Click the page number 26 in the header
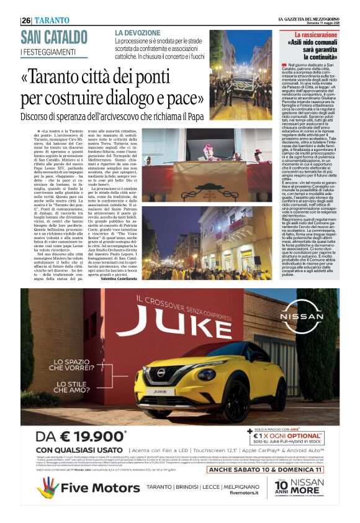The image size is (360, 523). (26, 20)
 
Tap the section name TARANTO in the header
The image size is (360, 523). (51, 20)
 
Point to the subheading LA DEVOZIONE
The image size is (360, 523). (137, 32)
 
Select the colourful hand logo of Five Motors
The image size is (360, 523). (48, 488)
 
